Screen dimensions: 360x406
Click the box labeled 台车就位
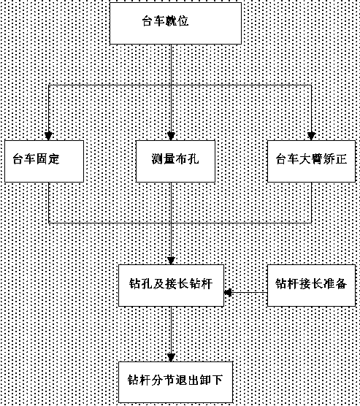pyautogui.click(x=175, y=23)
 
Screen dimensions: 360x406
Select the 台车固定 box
pyautogui.click(x=44, y=161)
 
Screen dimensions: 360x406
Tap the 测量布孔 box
pyautogui.click(x=175, y=161)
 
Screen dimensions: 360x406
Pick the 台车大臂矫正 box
pyautogui.click(x=311, y=161)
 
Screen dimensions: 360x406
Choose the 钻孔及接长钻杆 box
pyautogui.click(x=171, y=286)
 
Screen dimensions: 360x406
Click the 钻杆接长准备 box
pyautogui.click(x=311, y=286)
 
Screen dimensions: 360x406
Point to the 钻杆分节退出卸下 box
pyautogui.click(x=175, y=382)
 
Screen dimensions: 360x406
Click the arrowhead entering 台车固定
pyautogui.click(x=48, y=137)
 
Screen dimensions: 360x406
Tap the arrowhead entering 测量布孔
pyautogui.click(x=171, y=137)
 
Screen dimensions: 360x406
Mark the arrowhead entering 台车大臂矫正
pyautogui.click(x=311, y=137)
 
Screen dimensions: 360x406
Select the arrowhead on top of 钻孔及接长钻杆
pyautogui.click(x=171, y=261)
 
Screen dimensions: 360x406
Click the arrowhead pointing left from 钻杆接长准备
pyautogui.click(x=228, y=293)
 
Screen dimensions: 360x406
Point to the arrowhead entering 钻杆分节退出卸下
pyautogui.click(x=171, y=357)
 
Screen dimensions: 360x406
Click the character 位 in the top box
pyautogui.click(x=183, y=21)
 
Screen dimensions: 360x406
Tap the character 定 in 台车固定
pyautogui.click(x=53, y=158)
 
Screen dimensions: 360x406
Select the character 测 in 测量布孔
pyautogui.click(x=157, y=158)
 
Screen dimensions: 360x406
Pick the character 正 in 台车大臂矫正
pyautogui.click(x=342, y=158)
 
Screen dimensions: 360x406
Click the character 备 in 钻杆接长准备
pyautogui.click(x=341, y=283)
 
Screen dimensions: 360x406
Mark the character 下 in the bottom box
pyautogui.click(x=217, y=380)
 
